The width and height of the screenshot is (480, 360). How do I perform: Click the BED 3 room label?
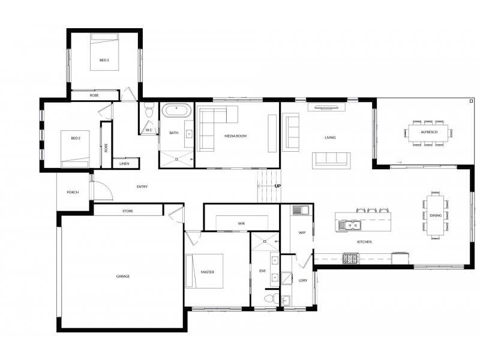coord(104,61)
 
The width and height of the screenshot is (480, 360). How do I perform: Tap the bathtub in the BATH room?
coord(176,110)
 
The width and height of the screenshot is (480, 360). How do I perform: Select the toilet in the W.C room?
coord(149,110)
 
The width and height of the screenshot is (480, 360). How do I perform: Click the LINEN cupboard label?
coord(124,164)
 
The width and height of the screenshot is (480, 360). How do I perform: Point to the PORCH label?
coord(73,192)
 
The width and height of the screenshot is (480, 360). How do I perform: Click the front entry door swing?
coord(103,190)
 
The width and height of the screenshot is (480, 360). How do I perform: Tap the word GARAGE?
coord(123,277)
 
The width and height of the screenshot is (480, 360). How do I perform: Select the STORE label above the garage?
coord(128,211)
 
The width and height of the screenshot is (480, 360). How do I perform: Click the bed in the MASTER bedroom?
coord(204,271)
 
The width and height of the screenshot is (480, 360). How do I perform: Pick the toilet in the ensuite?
coord(272,298)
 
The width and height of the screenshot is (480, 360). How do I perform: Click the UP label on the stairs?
coord(278,186)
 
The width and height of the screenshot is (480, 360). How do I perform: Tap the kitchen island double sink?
coord(350,226)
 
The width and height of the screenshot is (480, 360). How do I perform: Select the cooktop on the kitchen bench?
coord(351,259)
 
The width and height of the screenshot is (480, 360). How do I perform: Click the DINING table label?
coord(436,215)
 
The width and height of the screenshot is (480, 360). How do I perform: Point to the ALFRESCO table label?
coord(429,132)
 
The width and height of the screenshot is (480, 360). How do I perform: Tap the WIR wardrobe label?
coord(242,224)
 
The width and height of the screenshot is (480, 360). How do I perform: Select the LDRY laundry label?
coord(303,280)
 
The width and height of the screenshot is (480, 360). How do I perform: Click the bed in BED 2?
coord(75,149)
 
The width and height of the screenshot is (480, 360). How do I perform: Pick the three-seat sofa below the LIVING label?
coord(331,160)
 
